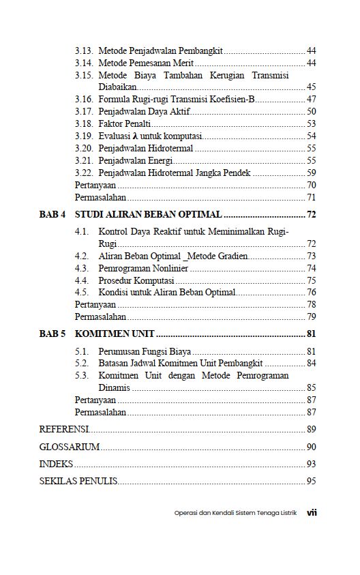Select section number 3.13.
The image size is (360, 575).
(x=84, y=51)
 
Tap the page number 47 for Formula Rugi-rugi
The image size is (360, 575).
(x=311, y=99)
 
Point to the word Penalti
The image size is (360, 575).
(x=136, y=123)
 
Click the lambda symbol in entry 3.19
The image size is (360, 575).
(x=142, y=136)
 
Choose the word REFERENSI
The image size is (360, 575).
(x=64, y=429)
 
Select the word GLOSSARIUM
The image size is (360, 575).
(x=70, y=447)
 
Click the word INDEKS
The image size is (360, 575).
(x=56, y=464)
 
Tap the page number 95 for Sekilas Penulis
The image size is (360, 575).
(x=311, y=482)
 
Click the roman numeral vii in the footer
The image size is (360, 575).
(x=312, y=512)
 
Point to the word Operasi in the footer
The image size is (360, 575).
(x=187, y=513)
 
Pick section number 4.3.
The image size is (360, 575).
(x=81, y=268)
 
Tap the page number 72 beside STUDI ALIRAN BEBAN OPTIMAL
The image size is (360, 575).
(x=311, y=214)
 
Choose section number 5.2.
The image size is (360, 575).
(x=81, y=363)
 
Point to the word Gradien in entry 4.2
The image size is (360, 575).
(x=232, y=256)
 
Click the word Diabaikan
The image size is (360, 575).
(x=117, y=87)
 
